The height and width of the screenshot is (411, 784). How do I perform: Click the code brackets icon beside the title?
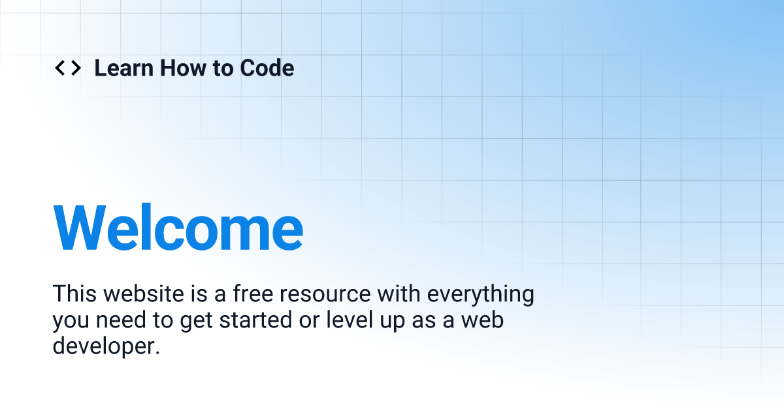[x=67, y=68]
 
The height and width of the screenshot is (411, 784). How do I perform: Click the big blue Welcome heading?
[x=178, y=227]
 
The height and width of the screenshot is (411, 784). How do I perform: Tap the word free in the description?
[x=259, y=294]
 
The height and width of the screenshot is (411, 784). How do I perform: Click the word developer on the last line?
[x=106, y=346]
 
